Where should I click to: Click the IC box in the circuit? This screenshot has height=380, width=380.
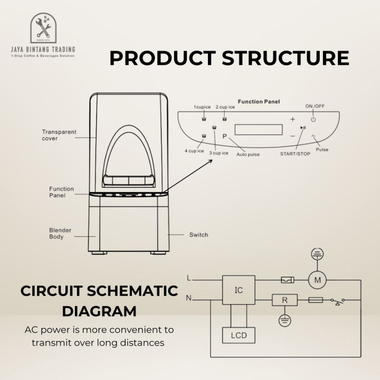click(x=239, y=290)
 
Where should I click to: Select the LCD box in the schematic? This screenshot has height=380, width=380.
click(x=239, y=336)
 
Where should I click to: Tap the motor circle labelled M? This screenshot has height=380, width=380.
click(x=317, y=280)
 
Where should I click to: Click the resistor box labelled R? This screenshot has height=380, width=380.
click(x=285, y=300)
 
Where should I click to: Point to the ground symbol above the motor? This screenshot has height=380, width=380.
click(x=317, y=254)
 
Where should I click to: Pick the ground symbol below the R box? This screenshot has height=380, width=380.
click(x=285, y=321)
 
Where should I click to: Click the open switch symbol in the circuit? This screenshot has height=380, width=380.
click(x=338, y=301)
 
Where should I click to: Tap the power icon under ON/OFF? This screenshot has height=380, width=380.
click(x=313, y=119)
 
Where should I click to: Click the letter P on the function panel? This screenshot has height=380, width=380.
click(x=225, y=136)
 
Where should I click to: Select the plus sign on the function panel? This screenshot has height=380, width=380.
click(x=293, y=119)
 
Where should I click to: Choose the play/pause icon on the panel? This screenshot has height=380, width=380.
click(x=303, y=128)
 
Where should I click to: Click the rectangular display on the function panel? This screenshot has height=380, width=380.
click(x=259, y=130)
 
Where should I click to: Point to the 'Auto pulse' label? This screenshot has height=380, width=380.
click(x=248, y=154)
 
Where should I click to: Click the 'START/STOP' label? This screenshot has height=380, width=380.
click(x=295, y=154)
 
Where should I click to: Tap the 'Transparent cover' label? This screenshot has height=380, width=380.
click(x=59, y=135)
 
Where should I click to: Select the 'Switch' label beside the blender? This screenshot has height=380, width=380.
click(x=199, y=234)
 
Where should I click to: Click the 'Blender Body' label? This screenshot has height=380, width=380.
click(x=60, y=233)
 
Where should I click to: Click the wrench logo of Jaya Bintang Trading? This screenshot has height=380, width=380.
click(x=43, y=28)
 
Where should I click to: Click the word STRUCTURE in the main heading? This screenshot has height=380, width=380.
click(x=286, y=58)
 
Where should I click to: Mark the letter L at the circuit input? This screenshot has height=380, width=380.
click(x=189, y=278)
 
